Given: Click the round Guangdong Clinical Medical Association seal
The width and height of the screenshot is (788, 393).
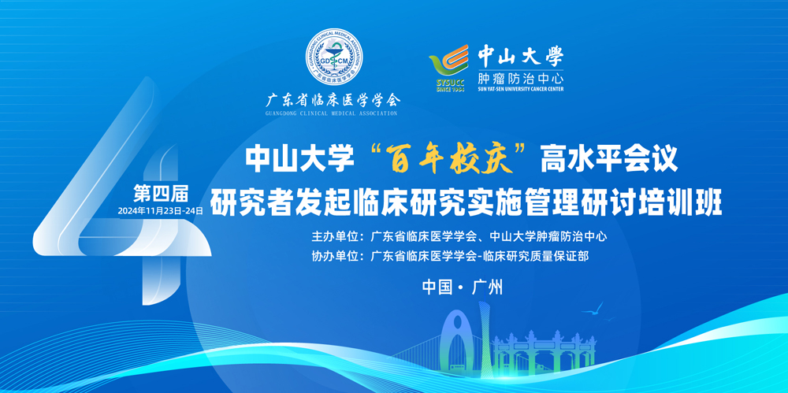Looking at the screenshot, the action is tap(335, 56).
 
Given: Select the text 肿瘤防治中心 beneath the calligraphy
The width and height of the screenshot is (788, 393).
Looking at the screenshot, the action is tap(520, 79).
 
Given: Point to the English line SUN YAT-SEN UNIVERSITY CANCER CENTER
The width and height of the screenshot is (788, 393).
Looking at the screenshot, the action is tap(520, 89).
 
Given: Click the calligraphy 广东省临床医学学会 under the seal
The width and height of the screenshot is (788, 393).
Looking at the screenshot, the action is tap(333, 101).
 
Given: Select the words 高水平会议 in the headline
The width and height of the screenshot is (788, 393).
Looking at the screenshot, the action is tap(609, 161).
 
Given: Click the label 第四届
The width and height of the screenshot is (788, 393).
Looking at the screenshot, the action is tap(160, 192).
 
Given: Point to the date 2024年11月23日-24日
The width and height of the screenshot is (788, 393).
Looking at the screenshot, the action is tap(160, 211).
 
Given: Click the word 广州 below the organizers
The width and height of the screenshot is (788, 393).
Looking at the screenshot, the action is tap(488, 287).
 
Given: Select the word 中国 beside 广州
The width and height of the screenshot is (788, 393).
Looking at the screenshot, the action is tap(437, 287).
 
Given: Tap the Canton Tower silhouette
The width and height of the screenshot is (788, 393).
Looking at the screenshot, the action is tap(484, 342).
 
